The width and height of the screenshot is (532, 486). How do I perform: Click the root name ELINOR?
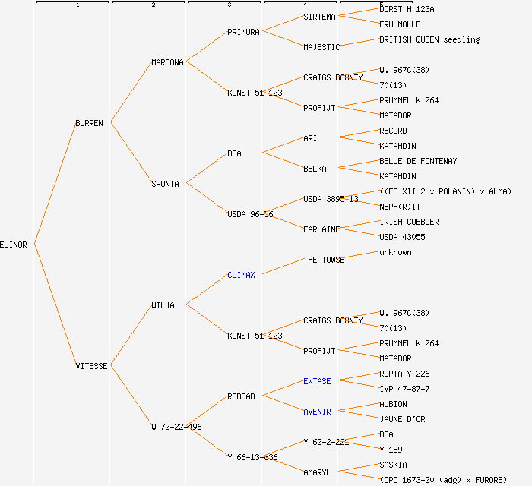[14, 245]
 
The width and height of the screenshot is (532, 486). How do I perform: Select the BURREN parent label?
[89, 123]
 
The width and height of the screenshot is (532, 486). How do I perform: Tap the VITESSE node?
[91, 366]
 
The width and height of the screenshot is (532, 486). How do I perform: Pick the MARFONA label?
[167, 62]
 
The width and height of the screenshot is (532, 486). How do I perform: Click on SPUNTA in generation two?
[165, 184]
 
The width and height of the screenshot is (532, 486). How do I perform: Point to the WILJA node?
[163, 305]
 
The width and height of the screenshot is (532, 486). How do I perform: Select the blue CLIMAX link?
[241, 275]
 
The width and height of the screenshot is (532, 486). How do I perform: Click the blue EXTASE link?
[317, 381]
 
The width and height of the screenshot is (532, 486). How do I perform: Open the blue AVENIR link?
[317, 412]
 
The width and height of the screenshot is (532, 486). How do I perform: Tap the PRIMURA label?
[243, 32]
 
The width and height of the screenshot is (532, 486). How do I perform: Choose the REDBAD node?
[241, 396]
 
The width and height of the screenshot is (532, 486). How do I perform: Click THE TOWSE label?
[324, 260]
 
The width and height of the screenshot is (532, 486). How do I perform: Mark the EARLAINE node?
[321, 229]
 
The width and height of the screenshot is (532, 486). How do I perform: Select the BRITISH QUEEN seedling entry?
[429, 39]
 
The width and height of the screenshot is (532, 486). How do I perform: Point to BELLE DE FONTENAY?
[418, 161]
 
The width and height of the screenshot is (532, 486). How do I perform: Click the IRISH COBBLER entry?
[409, 222]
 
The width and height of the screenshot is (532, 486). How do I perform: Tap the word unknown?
[395, 252]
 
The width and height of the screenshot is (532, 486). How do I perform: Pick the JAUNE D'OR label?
[402, 419]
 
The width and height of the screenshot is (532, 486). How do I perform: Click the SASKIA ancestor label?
[393, 465]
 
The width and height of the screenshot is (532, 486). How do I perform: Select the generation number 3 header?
[229, 5]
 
